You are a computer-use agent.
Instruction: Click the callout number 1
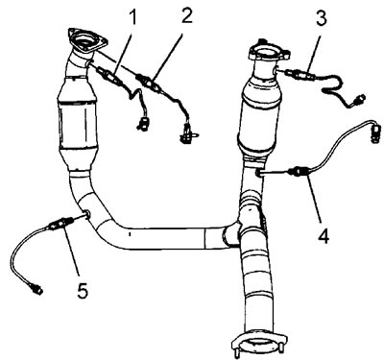pos(132,18)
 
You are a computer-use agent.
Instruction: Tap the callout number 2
pos(186,15)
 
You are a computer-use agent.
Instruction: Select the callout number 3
pos(322,18)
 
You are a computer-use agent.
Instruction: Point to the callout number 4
pos(324,236)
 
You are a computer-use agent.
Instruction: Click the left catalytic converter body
pos(77,120)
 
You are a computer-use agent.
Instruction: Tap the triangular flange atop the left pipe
pos(87,40)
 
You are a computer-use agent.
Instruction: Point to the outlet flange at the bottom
pos(258,345)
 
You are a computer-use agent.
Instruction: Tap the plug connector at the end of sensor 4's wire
pos(375,132)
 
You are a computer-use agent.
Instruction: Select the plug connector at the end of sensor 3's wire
pos(361,100)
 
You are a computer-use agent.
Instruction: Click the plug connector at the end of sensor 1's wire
pos(143,123)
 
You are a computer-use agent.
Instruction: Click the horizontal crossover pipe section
pos(166,238)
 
